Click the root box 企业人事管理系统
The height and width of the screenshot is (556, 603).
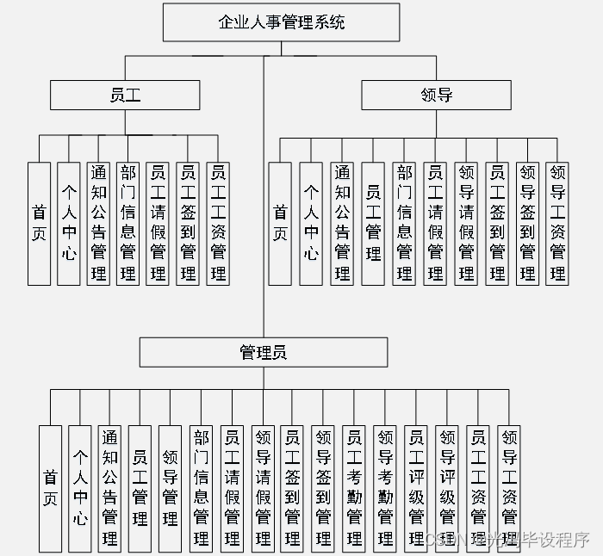281,22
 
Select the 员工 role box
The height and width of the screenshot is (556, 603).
125,95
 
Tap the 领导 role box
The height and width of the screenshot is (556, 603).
436,95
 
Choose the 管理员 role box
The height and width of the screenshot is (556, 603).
263,352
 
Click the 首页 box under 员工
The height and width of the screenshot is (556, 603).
40,223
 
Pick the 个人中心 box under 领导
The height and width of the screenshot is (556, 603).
311,223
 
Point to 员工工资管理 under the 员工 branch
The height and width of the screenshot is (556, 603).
218,223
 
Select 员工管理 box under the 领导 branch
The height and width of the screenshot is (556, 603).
373,223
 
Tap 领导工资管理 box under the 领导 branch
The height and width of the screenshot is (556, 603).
557,223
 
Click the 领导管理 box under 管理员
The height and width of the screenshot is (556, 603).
170,487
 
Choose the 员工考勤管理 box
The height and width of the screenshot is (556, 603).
354,487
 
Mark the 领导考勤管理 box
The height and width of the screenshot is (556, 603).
385,487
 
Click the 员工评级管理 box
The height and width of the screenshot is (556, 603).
416,487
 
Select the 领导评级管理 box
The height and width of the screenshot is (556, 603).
447,487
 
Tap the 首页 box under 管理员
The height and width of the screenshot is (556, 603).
50,487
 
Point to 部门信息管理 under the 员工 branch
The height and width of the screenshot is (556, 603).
127,223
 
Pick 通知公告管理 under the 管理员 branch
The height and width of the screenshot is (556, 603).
109,487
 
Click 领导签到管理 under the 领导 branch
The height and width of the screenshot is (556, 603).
527,223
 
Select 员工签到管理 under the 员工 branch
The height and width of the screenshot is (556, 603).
187,223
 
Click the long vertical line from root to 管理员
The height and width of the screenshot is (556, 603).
264,215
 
